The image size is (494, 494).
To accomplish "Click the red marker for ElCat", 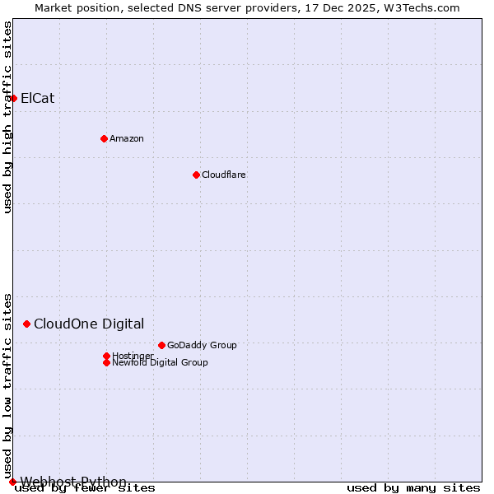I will click(13, 98).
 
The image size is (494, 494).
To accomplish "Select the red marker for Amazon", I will click(104, 138).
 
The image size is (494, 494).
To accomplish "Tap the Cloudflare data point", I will click(196, 175).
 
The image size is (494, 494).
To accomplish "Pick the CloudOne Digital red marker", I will click(26, 324).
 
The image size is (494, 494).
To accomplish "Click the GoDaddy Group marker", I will click(161, 345).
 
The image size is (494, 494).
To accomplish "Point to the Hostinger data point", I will click(106, 356).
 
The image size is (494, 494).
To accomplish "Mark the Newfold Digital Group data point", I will click(106, 362).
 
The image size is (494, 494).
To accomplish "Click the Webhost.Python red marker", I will click(12, 482).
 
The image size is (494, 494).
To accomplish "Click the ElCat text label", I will click(37, 98).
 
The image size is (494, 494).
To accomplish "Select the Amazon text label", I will click(126, 138).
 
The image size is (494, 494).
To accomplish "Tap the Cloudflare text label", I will click(223, 175).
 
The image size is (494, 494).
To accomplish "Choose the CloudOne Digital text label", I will click(89, 324).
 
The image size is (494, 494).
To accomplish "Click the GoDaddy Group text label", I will click(202, 345).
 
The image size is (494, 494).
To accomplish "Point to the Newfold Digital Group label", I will click(160, 362).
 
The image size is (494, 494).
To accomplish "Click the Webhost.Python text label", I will click(73, 482).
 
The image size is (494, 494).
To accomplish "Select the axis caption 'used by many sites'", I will click(413, 488).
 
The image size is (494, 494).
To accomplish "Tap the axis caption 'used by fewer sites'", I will click(86, 488).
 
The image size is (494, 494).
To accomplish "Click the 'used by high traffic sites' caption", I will click(7, 117).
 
